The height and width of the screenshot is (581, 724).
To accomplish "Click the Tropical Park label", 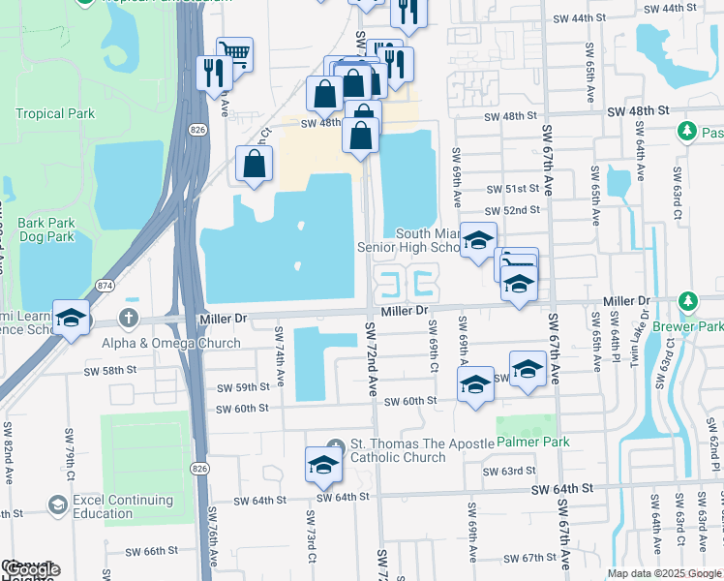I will pyautogui.click(x=55, y=113).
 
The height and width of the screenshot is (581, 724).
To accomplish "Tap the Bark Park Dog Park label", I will pyautogui.click(x=45, y=229).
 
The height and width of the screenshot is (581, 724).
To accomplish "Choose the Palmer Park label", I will pyautogui.click(x=533, y=442).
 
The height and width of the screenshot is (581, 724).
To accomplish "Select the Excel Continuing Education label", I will pyautogui.click(x=115, y=506).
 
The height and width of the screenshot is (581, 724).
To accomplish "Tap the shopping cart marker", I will pyautogui.click(x=234, y=54).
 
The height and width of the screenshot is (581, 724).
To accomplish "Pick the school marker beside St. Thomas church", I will pyautogui.click(x=323, y=465).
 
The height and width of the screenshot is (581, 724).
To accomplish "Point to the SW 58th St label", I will pyautogui.click(x=106, y=370).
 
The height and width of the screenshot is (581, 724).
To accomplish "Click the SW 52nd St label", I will pyautogui.click(x=514, y=210).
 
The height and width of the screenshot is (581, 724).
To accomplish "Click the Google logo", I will pyautogui.click(x=31, y=570).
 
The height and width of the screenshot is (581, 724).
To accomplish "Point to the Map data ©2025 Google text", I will pyautogui.click(x=663, y=572).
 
